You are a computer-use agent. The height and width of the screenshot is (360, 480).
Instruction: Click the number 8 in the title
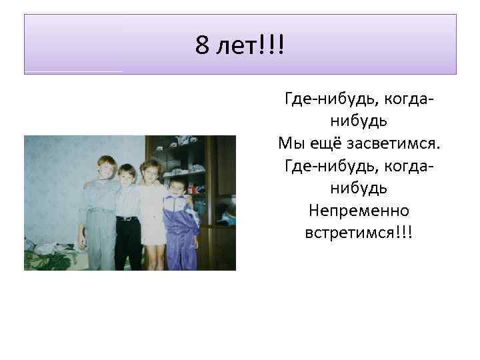pos(203,46)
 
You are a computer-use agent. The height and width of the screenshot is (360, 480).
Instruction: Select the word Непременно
pos(359,211)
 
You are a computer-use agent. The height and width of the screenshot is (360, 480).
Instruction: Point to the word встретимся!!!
pos(359,233)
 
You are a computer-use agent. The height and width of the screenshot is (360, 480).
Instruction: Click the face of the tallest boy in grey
pos(106,167)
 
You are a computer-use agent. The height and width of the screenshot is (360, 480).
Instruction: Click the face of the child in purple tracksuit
pos(177,187)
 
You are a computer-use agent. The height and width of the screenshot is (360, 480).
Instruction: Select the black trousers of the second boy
pos(127,243)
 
